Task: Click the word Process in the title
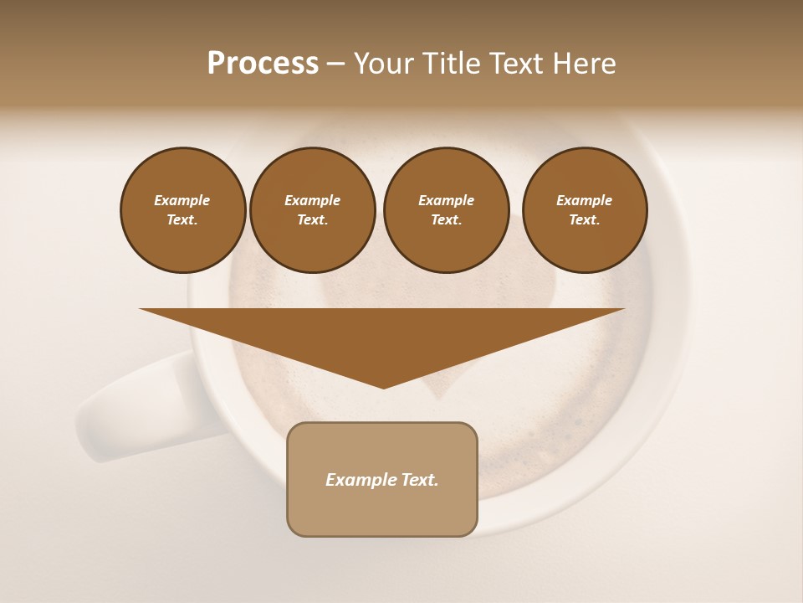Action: click(263, 64)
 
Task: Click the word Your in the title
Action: click(383, 64)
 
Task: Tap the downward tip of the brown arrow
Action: click(383, 386)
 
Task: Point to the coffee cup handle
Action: click(134, 410)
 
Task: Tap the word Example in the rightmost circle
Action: click(584, 200)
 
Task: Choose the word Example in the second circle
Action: click(312, 200)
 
